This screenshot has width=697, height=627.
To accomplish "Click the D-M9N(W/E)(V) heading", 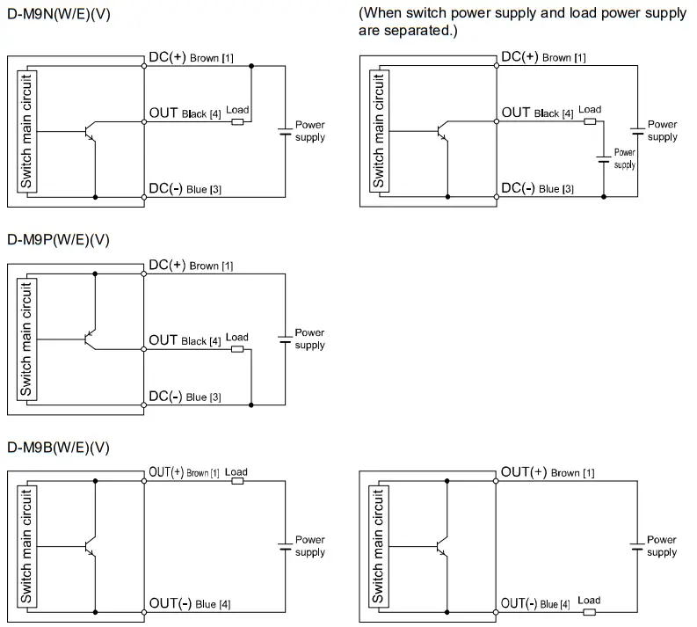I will (x=58, y=15).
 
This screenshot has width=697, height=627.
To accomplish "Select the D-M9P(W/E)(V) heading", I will (x=58, y=239).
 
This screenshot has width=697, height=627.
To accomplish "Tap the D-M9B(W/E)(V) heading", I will (x=58, y=448).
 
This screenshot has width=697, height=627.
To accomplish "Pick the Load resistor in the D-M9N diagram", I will (x=237, y=121).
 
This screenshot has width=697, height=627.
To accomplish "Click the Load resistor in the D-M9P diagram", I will (x=237, y=349).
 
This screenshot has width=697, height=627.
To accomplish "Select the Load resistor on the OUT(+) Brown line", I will (x=236, y=481).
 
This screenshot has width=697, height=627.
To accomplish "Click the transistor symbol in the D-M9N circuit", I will (x=89, y=132).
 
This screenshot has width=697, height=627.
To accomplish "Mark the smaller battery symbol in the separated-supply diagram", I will (x=603, y=158).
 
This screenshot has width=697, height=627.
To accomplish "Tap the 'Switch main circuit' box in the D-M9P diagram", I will (x=26, y=339).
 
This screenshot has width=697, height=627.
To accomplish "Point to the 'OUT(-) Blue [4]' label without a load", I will (x=191, y=603).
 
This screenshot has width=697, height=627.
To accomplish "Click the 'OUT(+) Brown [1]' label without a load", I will (x=548, y=473).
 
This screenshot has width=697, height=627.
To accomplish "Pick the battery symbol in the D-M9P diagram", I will (x=285, y=339).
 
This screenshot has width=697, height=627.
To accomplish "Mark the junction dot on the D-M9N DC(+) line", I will (x=251, y=65).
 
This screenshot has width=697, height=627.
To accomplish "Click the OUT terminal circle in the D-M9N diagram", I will (x=143, y=121).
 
